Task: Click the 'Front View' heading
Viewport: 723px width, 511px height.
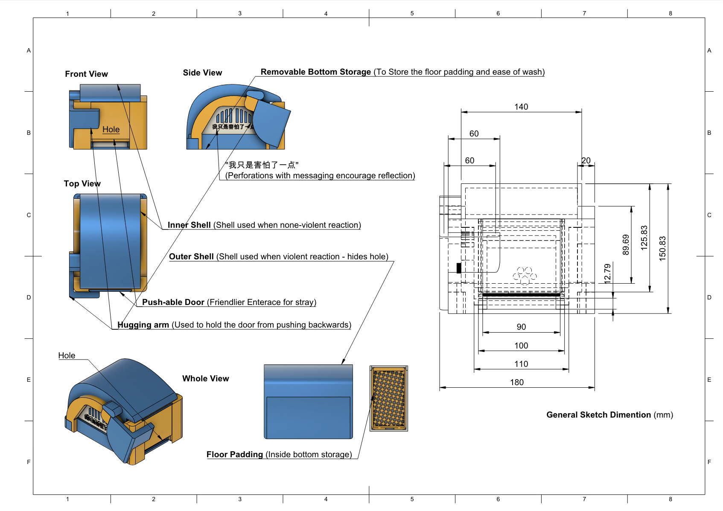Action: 87,74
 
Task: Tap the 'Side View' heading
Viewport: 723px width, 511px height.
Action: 202,73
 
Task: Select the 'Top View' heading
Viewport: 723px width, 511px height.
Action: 82,183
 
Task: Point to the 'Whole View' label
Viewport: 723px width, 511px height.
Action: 206,378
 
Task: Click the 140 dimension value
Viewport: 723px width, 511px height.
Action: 521,107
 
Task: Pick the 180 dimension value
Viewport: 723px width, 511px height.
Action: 516,382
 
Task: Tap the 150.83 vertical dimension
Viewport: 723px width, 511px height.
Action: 662,248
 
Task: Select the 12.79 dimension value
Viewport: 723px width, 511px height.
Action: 607,273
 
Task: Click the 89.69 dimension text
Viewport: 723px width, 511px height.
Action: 626,244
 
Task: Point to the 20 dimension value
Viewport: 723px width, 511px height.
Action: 586,160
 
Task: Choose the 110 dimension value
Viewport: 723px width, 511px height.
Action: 521,364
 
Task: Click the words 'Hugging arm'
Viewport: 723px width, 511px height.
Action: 143,325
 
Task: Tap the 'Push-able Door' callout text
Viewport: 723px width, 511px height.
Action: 173,302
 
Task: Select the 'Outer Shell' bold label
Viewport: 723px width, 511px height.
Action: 191,256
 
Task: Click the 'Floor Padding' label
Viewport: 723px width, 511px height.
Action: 235,455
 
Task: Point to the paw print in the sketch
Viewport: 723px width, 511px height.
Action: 525,276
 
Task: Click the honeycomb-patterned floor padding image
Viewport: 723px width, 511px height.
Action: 389,398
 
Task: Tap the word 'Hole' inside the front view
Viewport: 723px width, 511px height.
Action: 111,129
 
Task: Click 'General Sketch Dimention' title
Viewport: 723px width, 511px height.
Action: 599,415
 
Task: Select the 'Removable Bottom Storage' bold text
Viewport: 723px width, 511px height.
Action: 316,72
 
